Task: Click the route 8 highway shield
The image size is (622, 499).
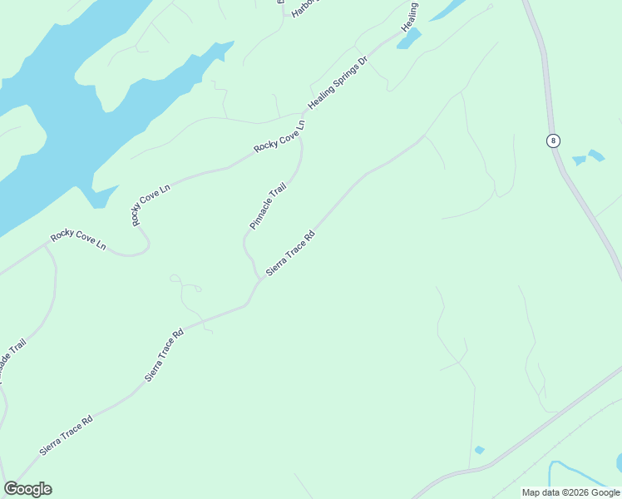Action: [553, 140]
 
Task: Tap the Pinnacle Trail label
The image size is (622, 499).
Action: [268, 206]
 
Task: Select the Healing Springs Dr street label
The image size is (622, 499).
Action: [338, 83]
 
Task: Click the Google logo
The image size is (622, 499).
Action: [27, 489]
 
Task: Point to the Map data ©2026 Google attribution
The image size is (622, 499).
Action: [570, 492]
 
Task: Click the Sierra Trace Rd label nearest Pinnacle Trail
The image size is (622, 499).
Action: [291, 253]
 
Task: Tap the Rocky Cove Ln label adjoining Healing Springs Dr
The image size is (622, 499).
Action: [280, 136]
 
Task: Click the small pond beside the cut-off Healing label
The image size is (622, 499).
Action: [409, 39]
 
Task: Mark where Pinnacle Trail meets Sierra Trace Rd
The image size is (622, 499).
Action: [259, 279]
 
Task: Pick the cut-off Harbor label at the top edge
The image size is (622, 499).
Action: [304, 7]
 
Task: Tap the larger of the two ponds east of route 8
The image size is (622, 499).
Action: [596, 155]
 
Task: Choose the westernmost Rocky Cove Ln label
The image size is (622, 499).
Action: [78, 240]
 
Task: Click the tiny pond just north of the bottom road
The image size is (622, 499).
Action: [479, 450]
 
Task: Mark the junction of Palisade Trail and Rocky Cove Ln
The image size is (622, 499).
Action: [45, 246]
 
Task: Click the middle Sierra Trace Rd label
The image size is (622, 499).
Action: [165, 355]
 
